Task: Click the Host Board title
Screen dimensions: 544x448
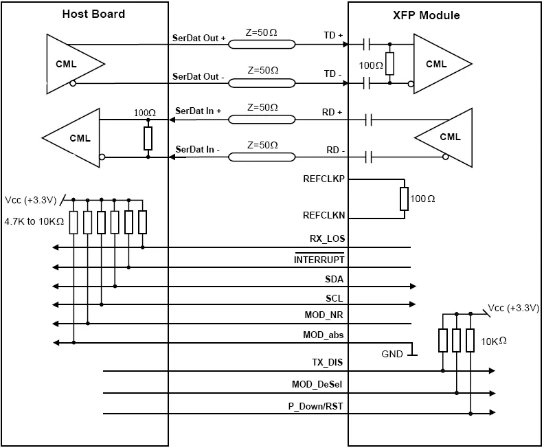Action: click(93, 14)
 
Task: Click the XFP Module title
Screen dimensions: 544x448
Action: click(426, 15)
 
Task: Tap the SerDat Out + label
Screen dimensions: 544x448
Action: click(199, 38)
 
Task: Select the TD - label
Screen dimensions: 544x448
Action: click(332, 74)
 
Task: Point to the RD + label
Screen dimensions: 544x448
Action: click(332, 112)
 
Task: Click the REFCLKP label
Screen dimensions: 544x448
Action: click(324, 179)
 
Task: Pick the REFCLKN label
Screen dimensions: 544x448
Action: click(324, 215)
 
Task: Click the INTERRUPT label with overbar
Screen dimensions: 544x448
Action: click(319, 258)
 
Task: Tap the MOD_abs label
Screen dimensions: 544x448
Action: click(323, 335)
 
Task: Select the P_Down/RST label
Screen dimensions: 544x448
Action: click(315, 406)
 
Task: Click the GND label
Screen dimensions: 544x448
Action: click(392, 354)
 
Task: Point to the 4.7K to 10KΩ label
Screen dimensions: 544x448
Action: click(34, 221)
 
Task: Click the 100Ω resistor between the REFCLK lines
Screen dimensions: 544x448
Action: click(404, 199)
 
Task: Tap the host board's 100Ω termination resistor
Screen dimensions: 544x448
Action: click(148, 139)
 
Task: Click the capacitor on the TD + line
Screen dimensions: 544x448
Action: click(366, 45)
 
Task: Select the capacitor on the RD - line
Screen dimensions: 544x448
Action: click(369, 157)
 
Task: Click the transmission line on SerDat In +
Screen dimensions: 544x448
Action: click(262, 120)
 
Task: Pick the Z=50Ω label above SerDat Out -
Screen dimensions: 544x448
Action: click(263, 70)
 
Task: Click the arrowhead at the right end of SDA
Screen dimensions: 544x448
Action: click(413, 287)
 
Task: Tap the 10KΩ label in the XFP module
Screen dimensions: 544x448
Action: click(493, 341)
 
